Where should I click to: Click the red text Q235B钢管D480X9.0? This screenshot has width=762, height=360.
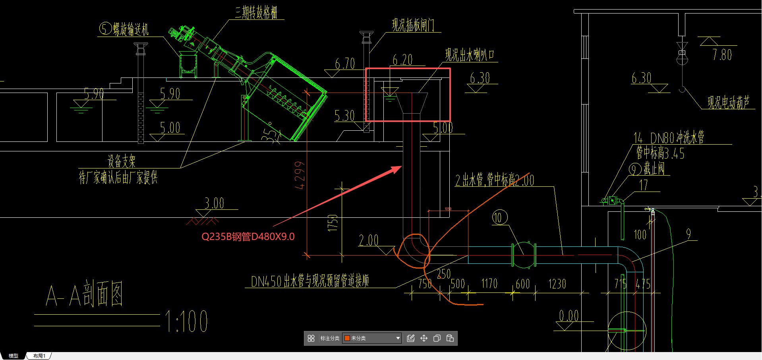pos(248,237)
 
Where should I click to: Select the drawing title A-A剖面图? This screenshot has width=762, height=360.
pos(84,294)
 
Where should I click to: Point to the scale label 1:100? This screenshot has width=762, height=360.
pos(186,321)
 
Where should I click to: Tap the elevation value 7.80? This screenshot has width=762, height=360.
pos(722,55)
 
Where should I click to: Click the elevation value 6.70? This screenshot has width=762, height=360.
pos(344,64)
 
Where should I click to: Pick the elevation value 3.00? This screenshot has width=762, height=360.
pos(214,203)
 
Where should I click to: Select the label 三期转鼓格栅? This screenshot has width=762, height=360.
pos(256,13)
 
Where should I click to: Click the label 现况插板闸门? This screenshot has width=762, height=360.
pos(413,25)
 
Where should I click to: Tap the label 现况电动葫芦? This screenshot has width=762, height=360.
pos(728,103)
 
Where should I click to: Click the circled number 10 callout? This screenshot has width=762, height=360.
pos(499,217)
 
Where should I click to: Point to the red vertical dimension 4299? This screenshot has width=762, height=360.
pos(300,175)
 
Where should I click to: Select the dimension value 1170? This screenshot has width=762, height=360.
pos(489,284)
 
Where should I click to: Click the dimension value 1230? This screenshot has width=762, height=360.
pos(557,284)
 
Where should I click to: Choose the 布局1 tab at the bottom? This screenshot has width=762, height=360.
pos(39,356)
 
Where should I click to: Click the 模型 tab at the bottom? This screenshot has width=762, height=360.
pos(14,356)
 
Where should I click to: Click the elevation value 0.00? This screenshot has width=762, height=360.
pos(569,316)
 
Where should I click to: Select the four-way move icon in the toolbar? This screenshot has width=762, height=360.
pos(424,338)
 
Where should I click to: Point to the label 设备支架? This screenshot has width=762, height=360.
pos(121,161)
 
